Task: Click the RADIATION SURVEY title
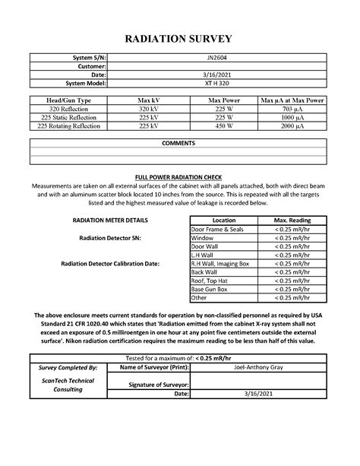click(x=179, y=38)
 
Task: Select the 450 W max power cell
click(x=219, y=126)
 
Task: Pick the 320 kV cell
click(x=147, y=109)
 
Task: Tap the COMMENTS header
click(x=179, y=143)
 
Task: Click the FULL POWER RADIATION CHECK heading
click(x=179, y=176)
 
